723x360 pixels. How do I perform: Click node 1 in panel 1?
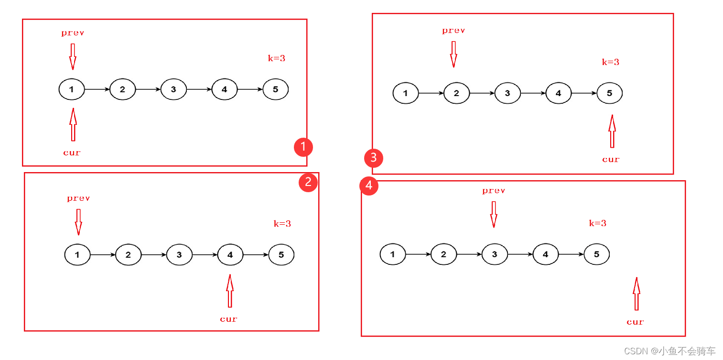[x=72, y=89]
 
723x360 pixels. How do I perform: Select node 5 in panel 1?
[x=275, y=89]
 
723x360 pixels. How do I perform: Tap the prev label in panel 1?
[x=73, y=33]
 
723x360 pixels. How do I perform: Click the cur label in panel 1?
[x=72, y=153]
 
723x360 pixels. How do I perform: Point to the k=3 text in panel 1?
[x=276, y=58]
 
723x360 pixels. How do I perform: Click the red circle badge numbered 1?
[x=303, y=147]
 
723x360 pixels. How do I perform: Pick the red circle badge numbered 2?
[x=308, y=182]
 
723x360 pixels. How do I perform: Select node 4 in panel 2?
[x=230, y=255]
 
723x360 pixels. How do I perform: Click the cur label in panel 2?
[x=228, y=319]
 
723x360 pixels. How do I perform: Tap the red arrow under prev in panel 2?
[x=78, y=222]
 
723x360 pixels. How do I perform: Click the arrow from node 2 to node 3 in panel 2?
[x=154, y=255]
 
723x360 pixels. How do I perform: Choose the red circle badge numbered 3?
[x=373, y=157]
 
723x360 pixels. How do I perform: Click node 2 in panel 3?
[x=456, y=93]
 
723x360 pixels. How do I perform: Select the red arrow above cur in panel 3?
[x=612, y=131]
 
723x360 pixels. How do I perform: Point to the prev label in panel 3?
[x=453, y=31]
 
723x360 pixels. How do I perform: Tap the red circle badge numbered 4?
[x=369, y=185]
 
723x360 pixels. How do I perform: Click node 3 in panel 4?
[x=495, y=254]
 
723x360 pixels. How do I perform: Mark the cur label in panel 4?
[x=635, y=322]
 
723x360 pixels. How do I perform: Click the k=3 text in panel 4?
[x=597, y=223]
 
